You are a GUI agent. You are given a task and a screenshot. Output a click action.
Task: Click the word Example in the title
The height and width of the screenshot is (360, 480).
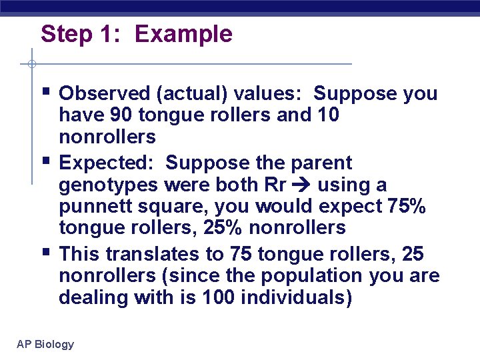(x=183, y=34)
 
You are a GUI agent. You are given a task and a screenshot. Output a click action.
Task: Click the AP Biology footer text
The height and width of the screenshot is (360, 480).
(x=45, y=344)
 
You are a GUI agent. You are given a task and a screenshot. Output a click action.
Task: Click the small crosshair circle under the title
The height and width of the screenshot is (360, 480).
(x=32, y=64)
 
